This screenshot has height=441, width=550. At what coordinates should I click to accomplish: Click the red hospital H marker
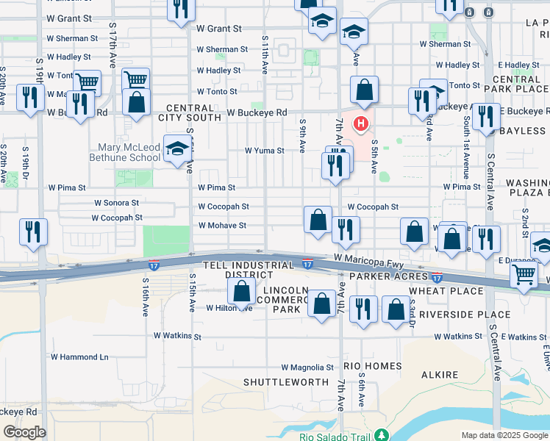tap(360, 122)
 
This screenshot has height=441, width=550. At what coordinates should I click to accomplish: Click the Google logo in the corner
tap(24, 431)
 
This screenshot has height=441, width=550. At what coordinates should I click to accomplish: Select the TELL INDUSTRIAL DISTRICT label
tap(229, 269)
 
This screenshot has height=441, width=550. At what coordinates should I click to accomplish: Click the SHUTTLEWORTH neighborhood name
tap(286, 382)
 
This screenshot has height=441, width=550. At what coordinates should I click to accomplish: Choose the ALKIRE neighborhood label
tap(440, 375)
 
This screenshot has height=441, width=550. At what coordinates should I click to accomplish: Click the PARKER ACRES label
tap(388, 276)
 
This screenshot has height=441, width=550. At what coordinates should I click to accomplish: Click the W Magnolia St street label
tap(307, 367)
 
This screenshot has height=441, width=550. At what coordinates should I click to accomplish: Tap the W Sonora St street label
tap(116, 202)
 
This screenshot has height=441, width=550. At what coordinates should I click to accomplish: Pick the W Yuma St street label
tap(265, 151)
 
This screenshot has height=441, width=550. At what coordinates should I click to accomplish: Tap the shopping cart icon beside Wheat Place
tap(524, 276)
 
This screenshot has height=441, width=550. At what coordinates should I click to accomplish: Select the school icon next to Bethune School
tap(176, 149)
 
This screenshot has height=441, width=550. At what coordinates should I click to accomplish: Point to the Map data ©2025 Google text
tap(504, 435)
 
